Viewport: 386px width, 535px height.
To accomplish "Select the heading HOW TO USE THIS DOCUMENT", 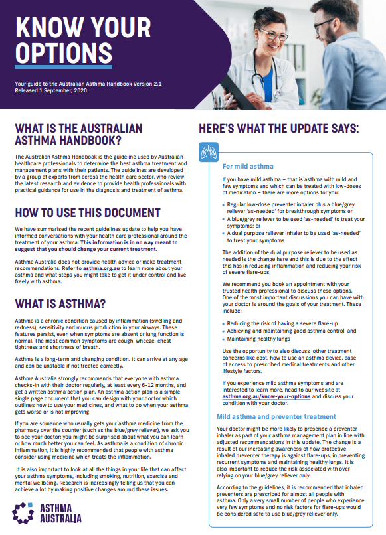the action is click(87, 214).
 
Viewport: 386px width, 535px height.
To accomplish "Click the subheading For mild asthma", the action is click(248, 166).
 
